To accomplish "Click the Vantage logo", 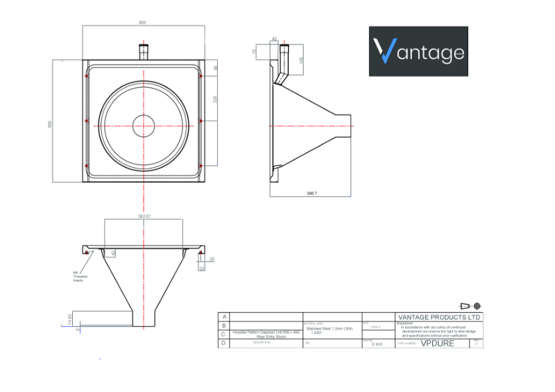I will (418, 51).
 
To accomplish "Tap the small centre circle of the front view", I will (143, 123).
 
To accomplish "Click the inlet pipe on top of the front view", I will (144, 52).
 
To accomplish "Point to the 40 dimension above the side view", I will (274, 39).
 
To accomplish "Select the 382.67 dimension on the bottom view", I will (144, 217).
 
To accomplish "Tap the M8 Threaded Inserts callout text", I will (78, 276).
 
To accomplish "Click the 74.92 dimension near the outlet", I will (69, 319).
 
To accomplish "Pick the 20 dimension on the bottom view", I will (212, 259).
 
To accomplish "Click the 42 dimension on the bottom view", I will (113, 254).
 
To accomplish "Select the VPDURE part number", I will (437, 343).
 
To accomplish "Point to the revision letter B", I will (223, 325).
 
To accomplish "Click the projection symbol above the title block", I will (470, 306).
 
